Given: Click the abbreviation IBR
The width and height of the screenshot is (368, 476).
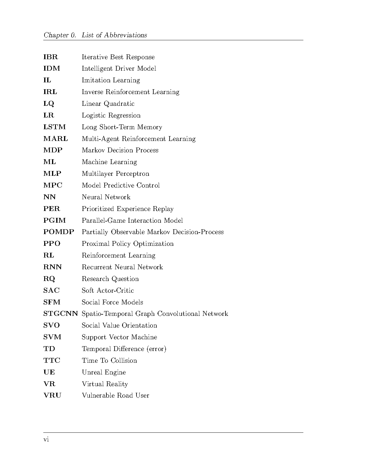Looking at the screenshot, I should (51, 57).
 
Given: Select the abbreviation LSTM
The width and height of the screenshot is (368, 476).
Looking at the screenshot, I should (54, 127).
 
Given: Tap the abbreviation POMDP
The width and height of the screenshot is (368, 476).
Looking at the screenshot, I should (59, 232).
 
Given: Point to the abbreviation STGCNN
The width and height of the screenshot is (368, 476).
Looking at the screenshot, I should (60, 314).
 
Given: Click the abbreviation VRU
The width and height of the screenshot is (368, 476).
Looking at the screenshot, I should (52, 395).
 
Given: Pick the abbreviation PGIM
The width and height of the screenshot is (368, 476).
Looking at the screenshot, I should (54, 221).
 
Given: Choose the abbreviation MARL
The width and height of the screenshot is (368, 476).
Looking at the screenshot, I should (56, 139).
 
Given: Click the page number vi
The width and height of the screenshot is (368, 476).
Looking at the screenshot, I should (46, 440).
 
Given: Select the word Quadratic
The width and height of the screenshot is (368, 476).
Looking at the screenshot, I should (119, 104).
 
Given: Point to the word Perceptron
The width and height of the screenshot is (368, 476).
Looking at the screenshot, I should (132, 174).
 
